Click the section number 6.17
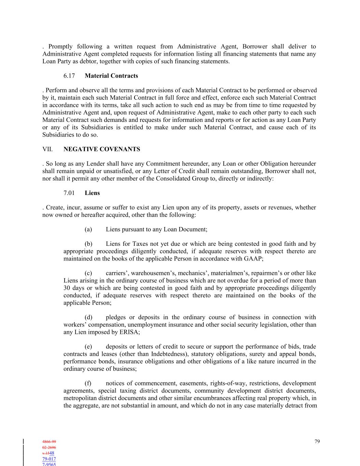69,76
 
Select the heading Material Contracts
111,76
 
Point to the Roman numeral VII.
47,149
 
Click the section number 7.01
69,193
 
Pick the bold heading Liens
92,193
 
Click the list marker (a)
88,229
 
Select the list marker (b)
88,244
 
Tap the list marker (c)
88,273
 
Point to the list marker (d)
88,317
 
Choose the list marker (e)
88,347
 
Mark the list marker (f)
88,383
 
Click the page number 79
317,441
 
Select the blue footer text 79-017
49,459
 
